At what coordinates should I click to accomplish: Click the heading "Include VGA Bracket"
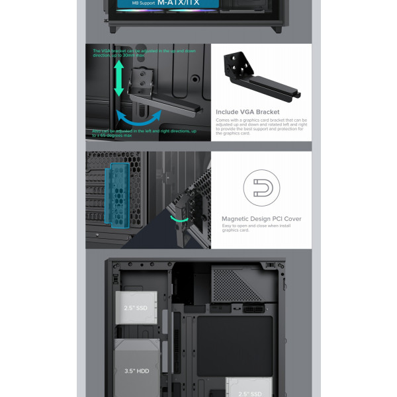pos(247,112)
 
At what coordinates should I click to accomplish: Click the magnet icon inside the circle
pos(261,189)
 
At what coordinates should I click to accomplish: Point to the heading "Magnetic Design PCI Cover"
pos(261,219)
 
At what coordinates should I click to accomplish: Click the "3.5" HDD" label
pos(135,371)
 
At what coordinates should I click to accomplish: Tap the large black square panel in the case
pos(234,344)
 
